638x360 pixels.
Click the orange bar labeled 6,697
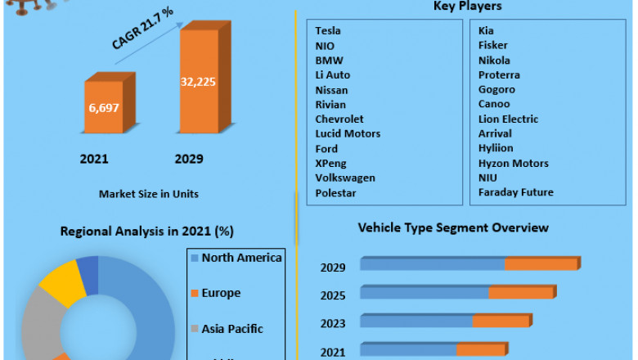point(102,107)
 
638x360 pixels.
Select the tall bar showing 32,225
point(199,82)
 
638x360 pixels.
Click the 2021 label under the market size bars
point(94,159)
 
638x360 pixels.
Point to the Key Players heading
point(467,7)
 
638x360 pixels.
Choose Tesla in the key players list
point(328,31)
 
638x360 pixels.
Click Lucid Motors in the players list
point(348,133)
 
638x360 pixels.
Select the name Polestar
point(335,192)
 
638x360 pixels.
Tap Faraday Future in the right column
point(515,192)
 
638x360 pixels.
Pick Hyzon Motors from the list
point(513,163)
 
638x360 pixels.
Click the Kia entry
point(486,31)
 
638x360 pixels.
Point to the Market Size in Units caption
point(148,194)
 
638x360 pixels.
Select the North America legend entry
point(241,259)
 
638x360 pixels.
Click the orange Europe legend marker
point(194,293)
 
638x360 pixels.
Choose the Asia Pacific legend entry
point(232,329)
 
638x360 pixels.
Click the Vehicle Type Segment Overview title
point(453,227)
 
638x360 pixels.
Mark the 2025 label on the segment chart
point(333,295)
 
